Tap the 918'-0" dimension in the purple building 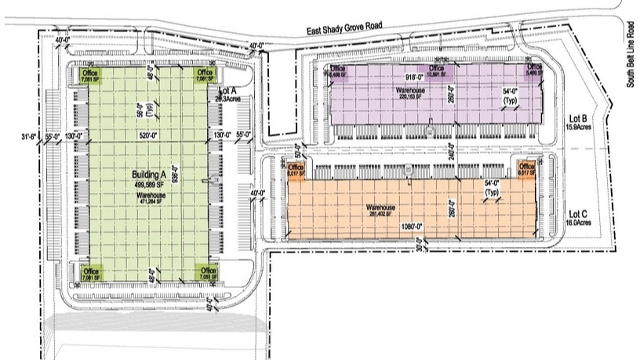(x=413, y=77)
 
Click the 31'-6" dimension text (x=30, y=136)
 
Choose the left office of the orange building (x=296, y=170)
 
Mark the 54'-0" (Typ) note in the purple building (x=510, y=96)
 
